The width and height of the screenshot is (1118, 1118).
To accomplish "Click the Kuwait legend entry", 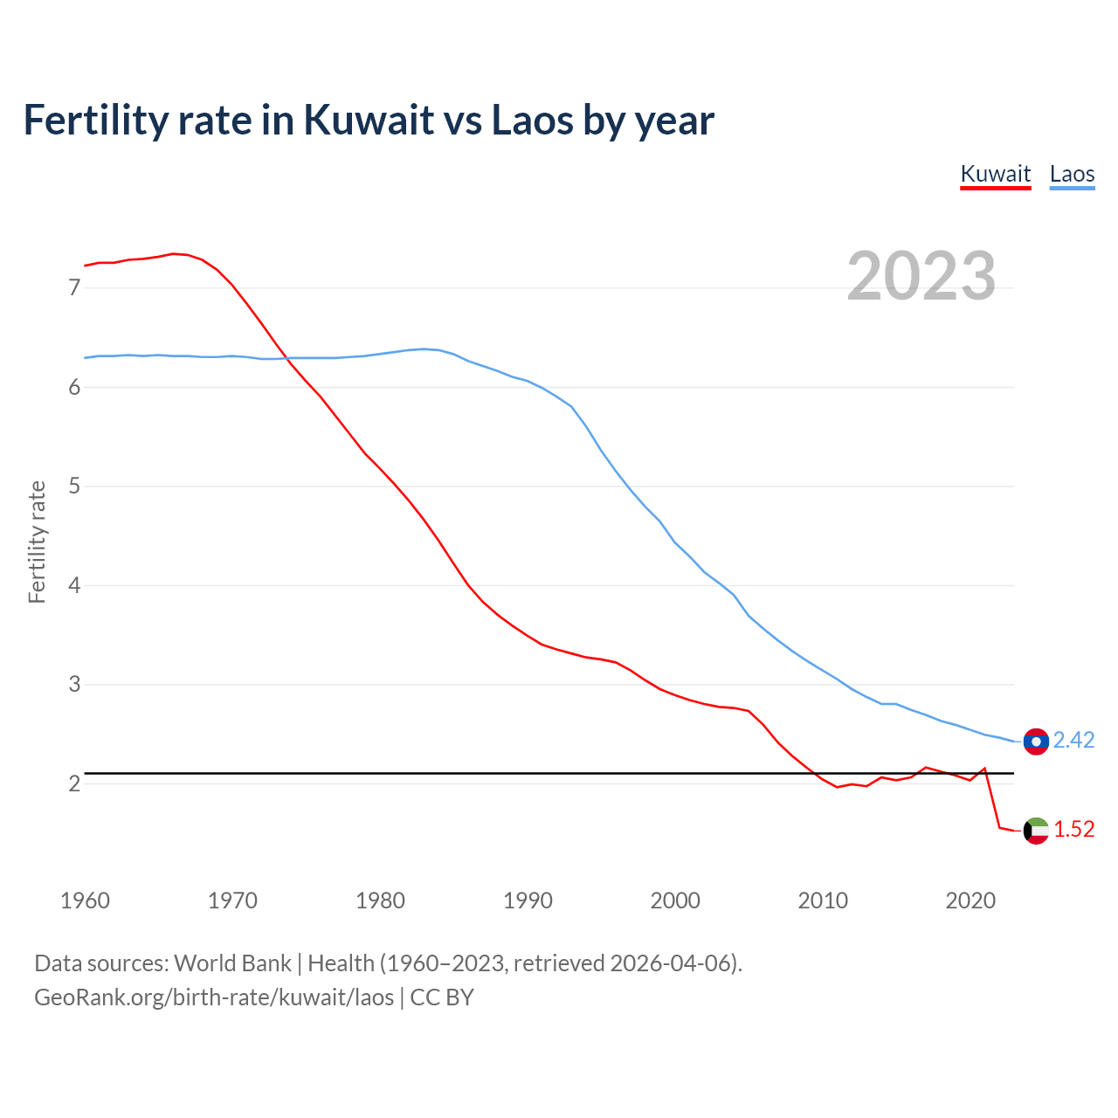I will (996, 174).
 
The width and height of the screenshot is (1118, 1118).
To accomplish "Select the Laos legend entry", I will (1072, 174).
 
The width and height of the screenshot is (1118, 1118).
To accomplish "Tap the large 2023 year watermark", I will (921, 276).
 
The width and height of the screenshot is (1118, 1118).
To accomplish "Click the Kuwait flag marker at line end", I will (1036, 831).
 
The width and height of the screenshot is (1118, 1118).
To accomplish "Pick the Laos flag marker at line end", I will (1036, 742).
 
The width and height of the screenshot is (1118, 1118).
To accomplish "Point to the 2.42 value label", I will (1073, 741).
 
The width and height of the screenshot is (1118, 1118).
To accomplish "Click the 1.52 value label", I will (1073, 830).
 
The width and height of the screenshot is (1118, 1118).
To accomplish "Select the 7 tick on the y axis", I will (74, 287).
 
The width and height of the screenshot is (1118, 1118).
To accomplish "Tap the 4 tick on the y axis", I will (74, 585).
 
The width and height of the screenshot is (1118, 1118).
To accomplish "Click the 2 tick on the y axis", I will (74, 783).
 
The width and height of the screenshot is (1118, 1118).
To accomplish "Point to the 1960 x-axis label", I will (85, 901).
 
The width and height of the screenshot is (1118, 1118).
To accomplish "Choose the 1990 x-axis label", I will (528, 901).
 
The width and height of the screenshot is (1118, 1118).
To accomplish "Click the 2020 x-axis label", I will (970, 901).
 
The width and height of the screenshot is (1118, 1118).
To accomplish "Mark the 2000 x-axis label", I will (675, 901).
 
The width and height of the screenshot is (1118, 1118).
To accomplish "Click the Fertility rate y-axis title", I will (37, 542).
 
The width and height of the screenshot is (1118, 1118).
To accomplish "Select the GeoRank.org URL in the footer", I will (214, 997).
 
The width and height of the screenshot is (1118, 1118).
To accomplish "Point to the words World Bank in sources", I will (232, 963).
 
